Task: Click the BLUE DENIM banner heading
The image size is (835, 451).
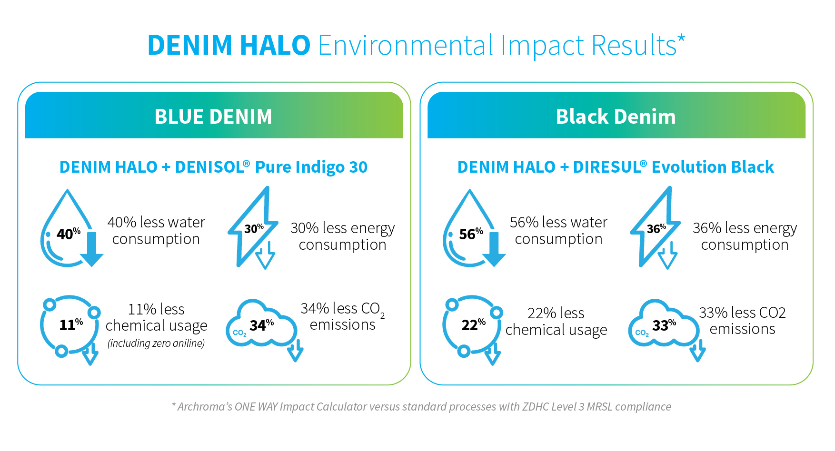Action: [213, 117]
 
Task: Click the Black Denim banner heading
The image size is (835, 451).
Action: [616, 117]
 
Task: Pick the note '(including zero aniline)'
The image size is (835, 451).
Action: [156, 343]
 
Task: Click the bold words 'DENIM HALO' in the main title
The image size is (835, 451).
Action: [229, 45]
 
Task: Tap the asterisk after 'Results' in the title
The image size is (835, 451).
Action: [681, 38]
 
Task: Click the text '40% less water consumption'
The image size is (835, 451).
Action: [156, 231]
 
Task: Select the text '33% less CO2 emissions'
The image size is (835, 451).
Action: [742, 321]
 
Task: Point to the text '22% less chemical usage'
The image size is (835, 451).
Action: [556, 322]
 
